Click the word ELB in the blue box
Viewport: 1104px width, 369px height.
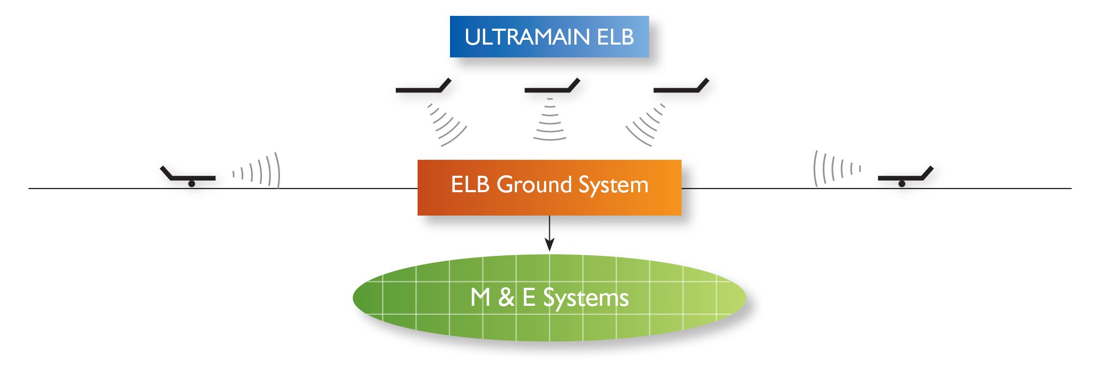tap(615, 37)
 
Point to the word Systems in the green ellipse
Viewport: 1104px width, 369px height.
tap(585, 298)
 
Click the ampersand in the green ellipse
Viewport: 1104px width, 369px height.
tap(506, 297)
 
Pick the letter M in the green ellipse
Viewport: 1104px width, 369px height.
tap(480, 297)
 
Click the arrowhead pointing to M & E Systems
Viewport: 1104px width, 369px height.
tap(549, 244)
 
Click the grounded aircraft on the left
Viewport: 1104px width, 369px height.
tap(188, 176)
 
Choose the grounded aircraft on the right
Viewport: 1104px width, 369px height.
tap(906, 176)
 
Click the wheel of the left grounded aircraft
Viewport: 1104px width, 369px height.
tap(192, 184)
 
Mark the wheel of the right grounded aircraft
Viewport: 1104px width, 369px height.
tap(902, 184)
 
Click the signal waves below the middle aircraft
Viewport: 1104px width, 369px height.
tap(550, 119)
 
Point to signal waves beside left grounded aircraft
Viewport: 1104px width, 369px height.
tap(256, 170)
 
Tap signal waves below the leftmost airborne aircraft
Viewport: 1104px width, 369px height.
tap(447, 125)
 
